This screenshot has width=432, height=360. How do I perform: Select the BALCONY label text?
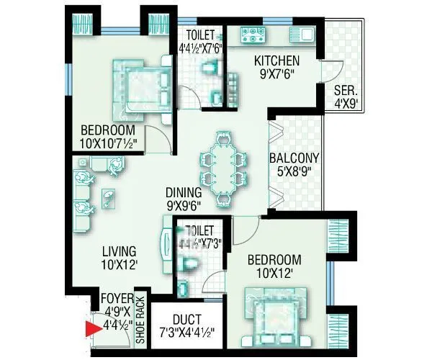tap(294, 158)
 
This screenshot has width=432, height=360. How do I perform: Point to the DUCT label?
tap(186, 319)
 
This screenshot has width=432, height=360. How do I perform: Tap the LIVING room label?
tap(119, 251)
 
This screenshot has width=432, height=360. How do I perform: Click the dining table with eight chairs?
tap(224, 167)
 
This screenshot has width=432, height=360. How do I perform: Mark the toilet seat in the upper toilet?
tap(209, 69)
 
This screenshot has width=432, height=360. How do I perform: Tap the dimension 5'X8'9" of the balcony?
tap(294, 172)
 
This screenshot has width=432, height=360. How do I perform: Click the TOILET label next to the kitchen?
tap(200, 35)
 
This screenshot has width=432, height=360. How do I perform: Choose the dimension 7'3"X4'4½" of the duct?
tap(186, 333)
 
